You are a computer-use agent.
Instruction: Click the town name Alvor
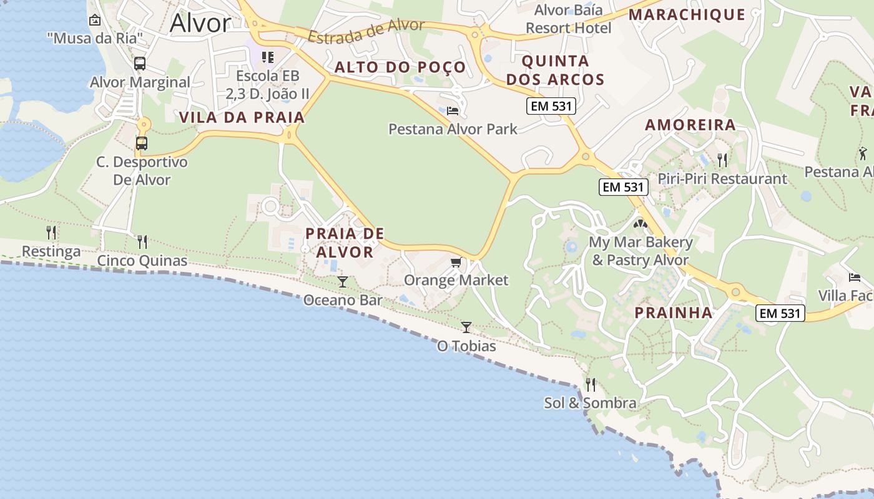tap(200, 23)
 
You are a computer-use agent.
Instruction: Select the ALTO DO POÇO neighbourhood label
tap(400, 67)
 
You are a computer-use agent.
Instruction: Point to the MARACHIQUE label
tap(687, 15)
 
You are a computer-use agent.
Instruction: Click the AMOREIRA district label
tap(690, 125)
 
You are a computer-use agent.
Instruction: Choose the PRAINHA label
tap(674, 312)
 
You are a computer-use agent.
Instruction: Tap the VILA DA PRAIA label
tap(242, 117)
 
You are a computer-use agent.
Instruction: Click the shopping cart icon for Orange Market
tap(456, 263)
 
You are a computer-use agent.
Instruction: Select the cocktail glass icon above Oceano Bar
tap(342, 282)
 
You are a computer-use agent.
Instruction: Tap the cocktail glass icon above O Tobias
tap(466, 327)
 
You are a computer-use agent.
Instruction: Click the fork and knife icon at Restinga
tap(51, 233)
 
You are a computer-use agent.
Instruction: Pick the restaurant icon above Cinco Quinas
tap(142, 241)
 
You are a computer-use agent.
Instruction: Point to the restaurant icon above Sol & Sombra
tap(591, 384)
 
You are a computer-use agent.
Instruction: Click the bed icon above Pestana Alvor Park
tap(453, 111)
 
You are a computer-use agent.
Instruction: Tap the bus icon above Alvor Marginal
tap(140, 64)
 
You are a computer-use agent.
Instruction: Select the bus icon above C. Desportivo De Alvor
tap(142, 143)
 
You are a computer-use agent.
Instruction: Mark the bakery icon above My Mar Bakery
tap(641, 223)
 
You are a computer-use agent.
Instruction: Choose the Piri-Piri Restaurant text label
tap(722, 179)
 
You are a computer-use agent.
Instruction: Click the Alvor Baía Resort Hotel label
tap(569, 19)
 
